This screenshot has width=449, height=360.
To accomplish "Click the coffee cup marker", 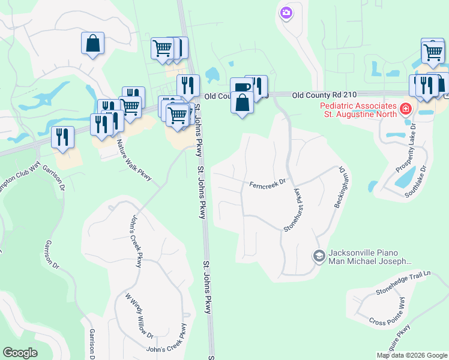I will [241, 88].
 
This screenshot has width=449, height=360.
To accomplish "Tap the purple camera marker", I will [286, 12].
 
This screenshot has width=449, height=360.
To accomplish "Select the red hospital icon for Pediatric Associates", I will [406, 109].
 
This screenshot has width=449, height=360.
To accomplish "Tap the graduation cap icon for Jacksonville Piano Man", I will [319, 256].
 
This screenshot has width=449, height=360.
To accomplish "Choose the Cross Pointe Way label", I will [387, 322].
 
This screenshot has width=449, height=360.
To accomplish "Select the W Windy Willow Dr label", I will [139, 316].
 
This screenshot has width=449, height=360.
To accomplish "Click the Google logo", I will [20, 353].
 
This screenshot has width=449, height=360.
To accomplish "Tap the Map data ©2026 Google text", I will [412, 355].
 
